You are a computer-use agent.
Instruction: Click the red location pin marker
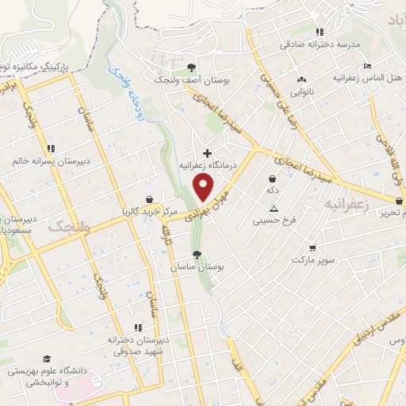click(x=204, y=187)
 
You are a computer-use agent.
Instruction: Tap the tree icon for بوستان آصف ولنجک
click(x=190, y=67)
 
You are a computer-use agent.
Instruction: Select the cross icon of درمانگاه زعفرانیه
click(x=208, y=152)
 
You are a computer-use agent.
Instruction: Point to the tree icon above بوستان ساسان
click(x=197, y=255)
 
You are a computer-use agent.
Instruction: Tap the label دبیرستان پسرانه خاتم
click(x=42, y=160)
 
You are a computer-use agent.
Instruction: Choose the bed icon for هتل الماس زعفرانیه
click(x=366, y=66)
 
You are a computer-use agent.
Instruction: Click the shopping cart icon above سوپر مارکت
click(x=312, y=247)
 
